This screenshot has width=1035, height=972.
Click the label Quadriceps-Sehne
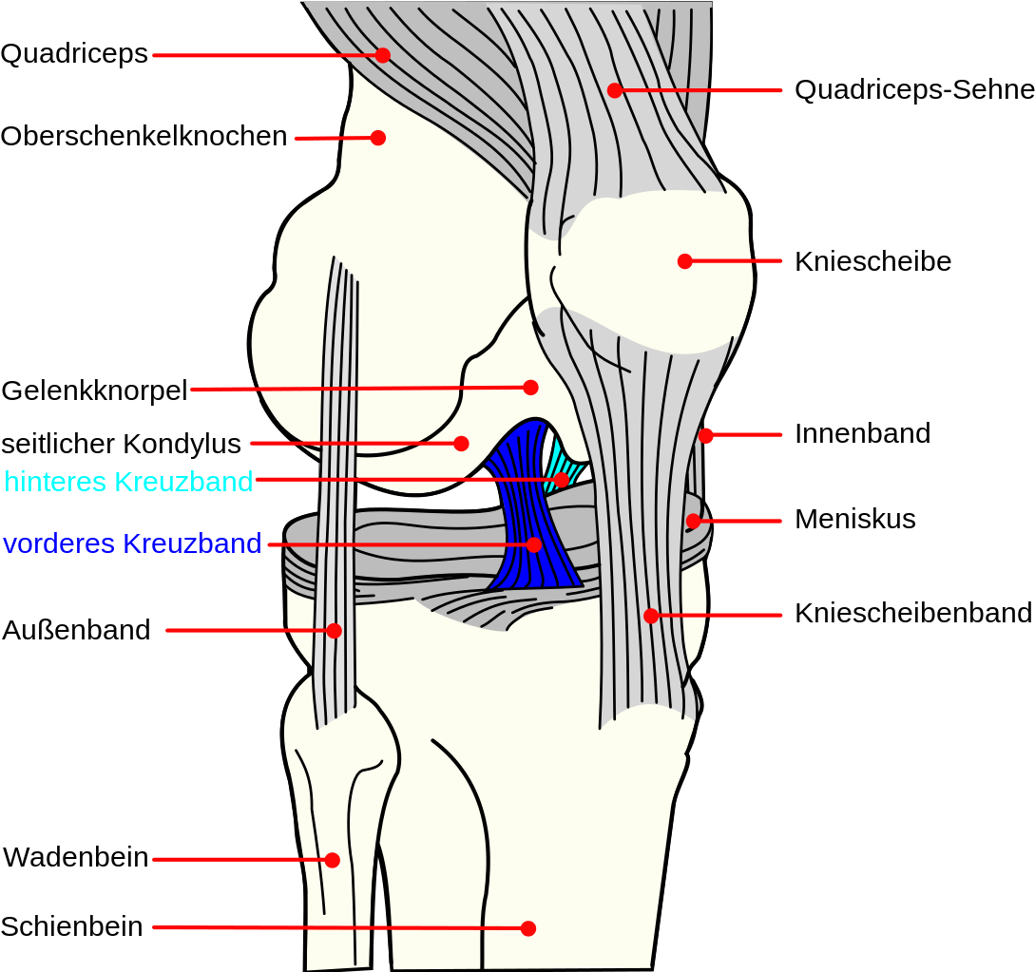[x=914, y=89]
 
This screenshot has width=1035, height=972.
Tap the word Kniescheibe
[x=872, y=261]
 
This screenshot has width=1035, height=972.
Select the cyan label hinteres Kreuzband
[x=128, y=482]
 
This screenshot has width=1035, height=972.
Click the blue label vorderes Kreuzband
[x=133, y=543]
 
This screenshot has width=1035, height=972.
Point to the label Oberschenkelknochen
[x=144, y=137]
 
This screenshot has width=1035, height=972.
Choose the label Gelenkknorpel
[x=95, y=391]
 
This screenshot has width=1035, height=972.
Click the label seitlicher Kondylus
[x=122, y=444]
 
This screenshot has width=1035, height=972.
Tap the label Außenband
[x=77, y=630]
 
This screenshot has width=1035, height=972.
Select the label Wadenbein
[x=76, y=858]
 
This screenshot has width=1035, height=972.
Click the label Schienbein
[x=72, y=926]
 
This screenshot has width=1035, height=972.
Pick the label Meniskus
[x=854, y=520]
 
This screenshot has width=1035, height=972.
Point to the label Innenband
[x=862, y=434]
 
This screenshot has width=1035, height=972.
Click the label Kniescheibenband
[x=913, y=613]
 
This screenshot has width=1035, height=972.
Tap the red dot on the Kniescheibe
[x=685, y=261]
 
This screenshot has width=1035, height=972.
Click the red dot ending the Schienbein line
[x=528, y=928]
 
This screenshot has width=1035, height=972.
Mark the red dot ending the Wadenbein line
[x=333, y=860]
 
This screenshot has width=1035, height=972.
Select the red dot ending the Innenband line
[x=705, y=435]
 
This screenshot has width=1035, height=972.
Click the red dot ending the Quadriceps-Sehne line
[x=615, y=90]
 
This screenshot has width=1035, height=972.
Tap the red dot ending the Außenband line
[x=334, y=631]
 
